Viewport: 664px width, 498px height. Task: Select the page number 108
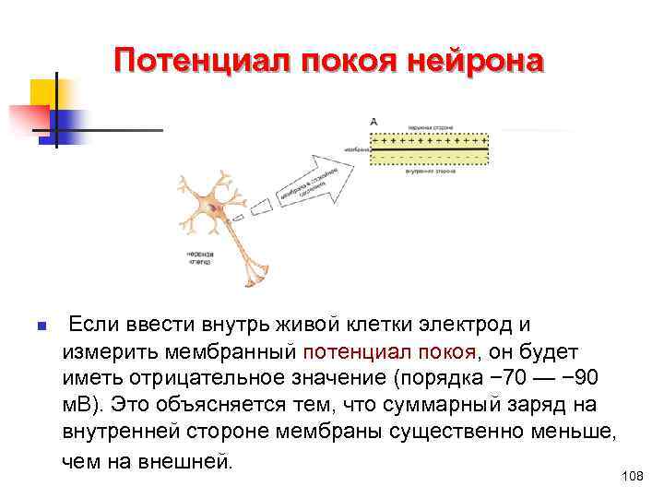pos(632,476)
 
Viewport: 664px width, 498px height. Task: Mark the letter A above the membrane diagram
pos(373,121)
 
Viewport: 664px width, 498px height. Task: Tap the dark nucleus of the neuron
pos(216,209)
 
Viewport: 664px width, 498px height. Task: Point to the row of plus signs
pos(429,142)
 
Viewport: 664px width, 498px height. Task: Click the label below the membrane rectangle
pos(428,172)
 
